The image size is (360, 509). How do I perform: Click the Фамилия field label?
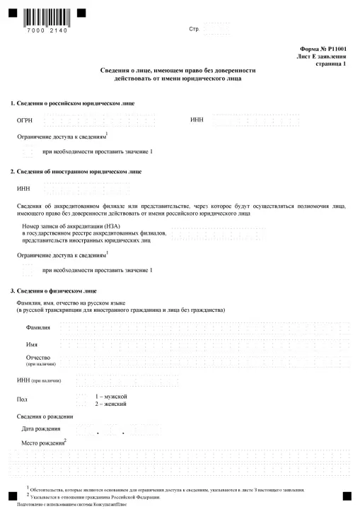(38, 328)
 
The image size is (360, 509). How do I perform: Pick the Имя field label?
(32, 344)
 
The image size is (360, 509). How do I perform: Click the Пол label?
(22, 399)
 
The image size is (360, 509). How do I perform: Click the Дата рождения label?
(41, 428)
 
